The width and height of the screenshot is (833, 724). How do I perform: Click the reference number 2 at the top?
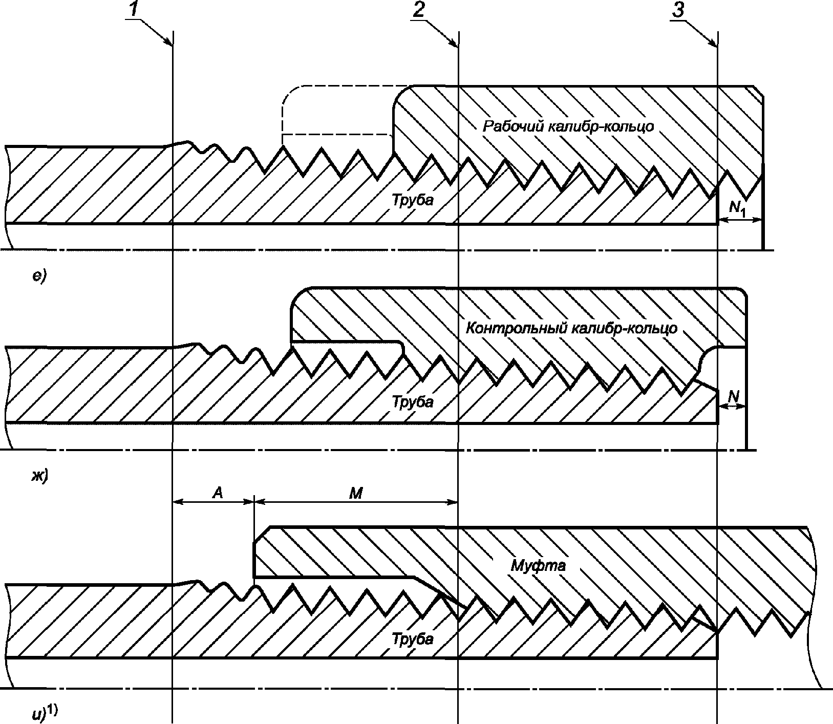coord(418,10)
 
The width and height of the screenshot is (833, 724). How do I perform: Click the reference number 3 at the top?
coord(678,10)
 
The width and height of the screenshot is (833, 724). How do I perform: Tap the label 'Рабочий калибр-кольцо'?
coord(568,126)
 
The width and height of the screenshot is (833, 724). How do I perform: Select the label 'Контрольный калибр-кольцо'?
coord(571,328)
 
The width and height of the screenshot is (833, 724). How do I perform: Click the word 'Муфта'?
coord(539,566)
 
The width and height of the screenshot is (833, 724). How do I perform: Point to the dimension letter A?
coord(218,493)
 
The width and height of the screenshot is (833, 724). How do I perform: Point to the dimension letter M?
coord(355,493)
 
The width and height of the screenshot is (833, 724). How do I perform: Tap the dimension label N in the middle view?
coord(733,395)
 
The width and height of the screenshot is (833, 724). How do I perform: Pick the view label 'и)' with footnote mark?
coord(43,713)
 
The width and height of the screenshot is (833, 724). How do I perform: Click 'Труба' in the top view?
coord(413,200)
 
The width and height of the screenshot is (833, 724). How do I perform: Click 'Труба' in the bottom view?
coord(413,638)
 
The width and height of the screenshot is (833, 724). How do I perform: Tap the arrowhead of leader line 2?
coord(454,44)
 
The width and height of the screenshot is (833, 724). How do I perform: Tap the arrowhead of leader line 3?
coord(714,44)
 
